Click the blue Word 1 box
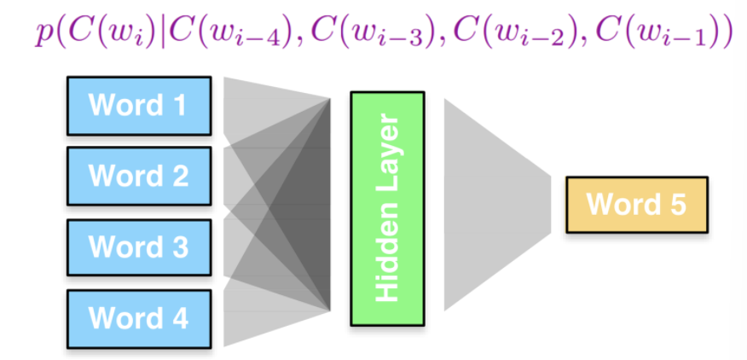pyautogui.click(x=138, y=105)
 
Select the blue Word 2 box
pyautogui.click(x=138, y=177)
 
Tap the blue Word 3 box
pyautogui.click(x=138, y=247)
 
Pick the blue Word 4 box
pyautogui.click(x=138, y=318)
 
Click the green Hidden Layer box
pyautogui.click(x=387, y=208)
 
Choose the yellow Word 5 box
pyautogui.click(x=636, y=205)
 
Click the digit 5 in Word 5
pyautogui.click(x=676, y=206)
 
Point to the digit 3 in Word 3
pyautogui.click(x=179, y=247)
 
